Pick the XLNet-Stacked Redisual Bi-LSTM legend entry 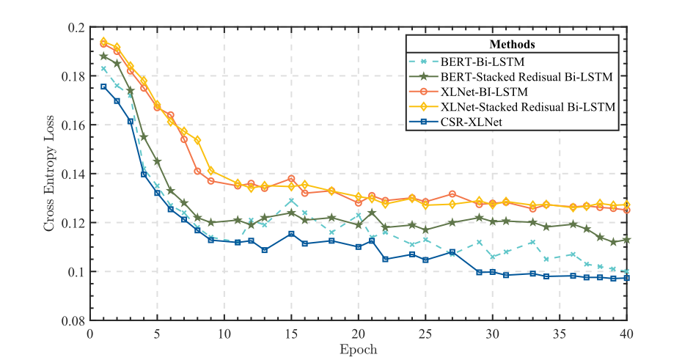(525, 107)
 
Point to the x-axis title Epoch (359, 349)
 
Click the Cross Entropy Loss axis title (49, 174)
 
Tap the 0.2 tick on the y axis (76, 28)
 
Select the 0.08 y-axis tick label (73, 321)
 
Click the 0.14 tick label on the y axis (73, 175)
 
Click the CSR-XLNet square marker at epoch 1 (103, 87)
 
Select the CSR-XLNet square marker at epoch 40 (627, 278)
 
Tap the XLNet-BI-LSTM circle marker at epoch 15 (291, 178)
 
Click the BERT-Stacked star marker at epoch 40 (627, 240)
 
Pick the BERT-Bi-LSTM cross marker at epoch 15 (291, 200)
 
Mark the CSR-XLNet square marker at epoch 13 (265, 250)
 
